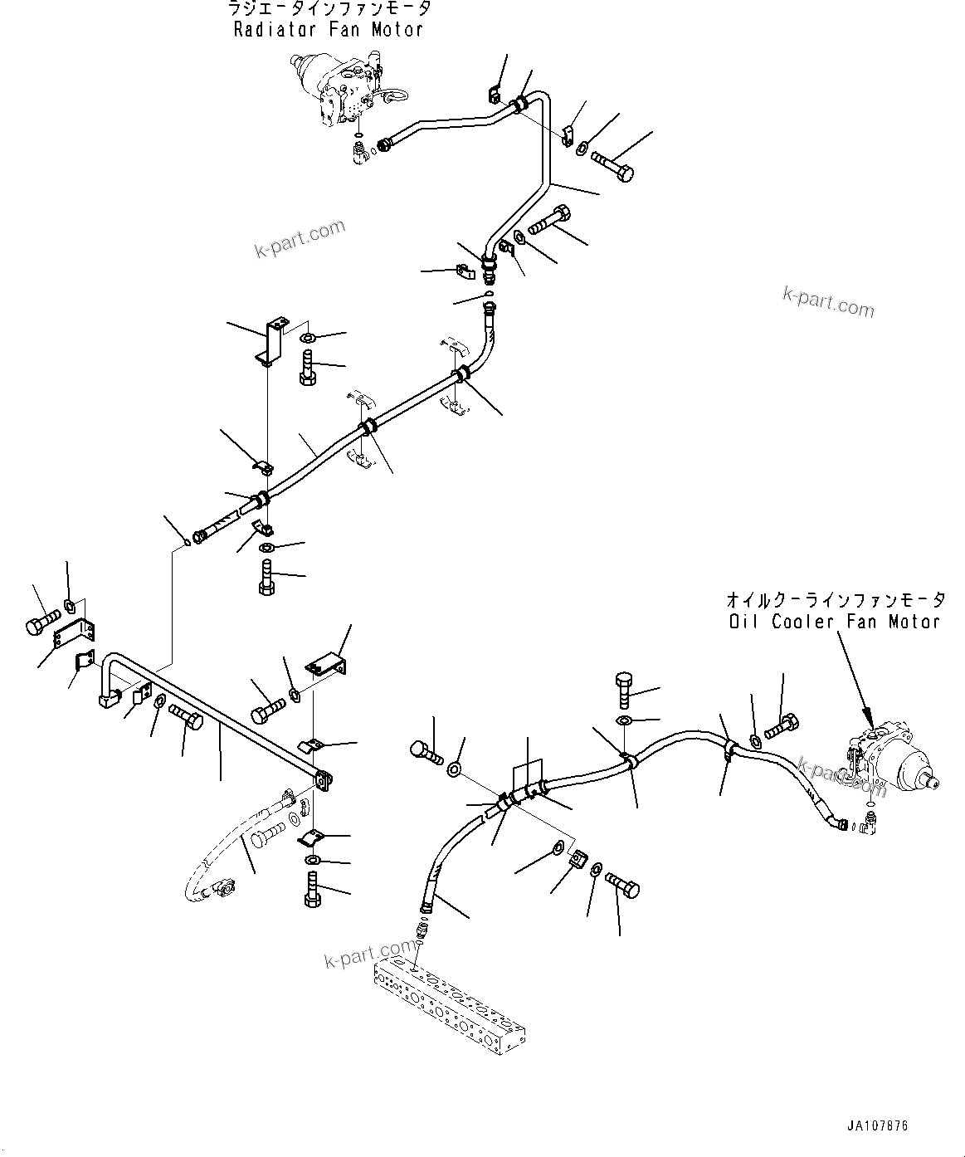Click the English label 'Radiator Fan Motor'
tap(328, 30)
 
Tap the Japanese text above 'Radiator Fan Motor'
tap(329, 10)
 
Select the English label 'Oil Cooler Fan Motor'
tap(833, 621)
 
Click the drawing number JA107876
tap(877, 1126)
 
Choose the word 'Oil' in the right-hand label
tap(742, 621)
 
